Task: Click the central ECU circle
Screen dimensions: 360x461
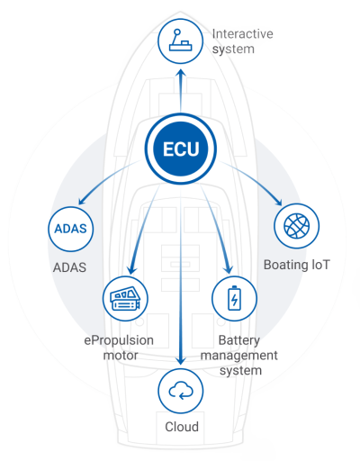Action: tap(181, 149)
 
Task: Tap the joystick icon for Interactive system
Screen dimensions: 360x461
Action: tap(181, 41)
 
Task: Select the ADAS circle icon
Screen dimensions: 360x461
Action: tap(71, 229)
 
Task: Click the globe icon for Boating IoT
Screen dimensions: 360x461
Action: tap(296, 226)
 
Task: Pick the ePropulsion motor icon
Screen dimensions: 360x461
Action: tap(125, 299)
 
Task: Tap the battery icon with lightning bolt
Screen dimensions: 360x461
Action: tap(234, 299)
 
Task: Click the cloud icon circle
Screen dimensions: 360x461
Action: tap(181, 392)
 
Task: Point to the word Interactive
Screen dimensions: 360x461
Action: tap(242, 33)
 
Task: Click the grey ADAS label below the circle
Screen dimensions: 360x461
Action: tap(69, 267)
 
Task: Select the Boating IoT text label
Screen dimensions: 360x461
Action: tap(296, 265)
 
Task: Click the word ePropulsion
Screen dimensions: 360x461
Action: tap(119, 340)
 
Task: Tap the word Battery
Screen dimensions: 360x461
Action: tap(239, 340)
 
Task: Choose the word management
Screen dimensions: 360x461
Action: tap(239, 356)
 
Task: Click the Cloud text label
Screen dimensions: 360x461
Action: tap(182, 427)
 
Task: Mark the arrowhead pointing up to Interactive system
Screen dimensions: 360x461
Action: tap(181, 74)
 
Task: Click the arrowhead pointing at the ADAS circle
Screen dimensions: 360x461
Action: tap(82, 201)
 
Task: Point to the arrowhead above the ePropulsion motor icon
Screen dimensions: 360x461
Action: tap(131, 269)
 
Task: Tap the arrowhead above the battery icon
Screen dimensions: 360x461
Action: tap(229, 268)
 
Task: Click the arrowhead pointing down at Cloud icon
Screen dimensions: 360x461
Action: tap(181, 360)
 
